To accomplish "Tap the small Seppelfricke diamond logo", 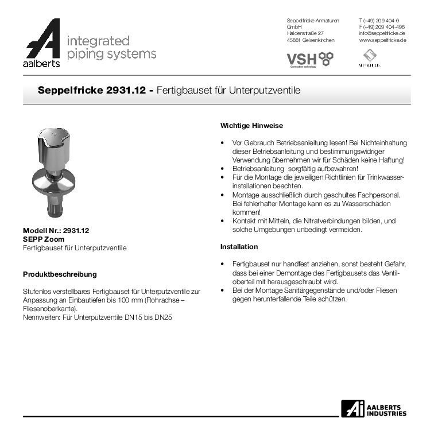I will click(370, 56).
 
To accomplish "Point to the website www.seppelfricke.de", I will click(382, 40).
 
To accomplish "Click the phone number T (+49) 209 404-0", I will click(379, 20).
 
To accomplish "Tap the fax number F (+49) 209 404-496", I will click(382, 27).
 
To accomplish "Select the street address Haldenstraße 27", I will click(305, 33).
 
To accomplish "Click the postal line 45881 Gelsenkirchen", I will click(310, 40).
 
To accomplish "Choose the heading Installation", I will click(239, 247).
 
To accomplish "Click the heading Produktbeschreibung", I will click(60, 274).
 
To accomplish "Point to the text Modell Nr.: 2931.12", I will click(56, 231).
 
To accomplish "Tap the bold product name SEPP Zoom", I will click(44, 239).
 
